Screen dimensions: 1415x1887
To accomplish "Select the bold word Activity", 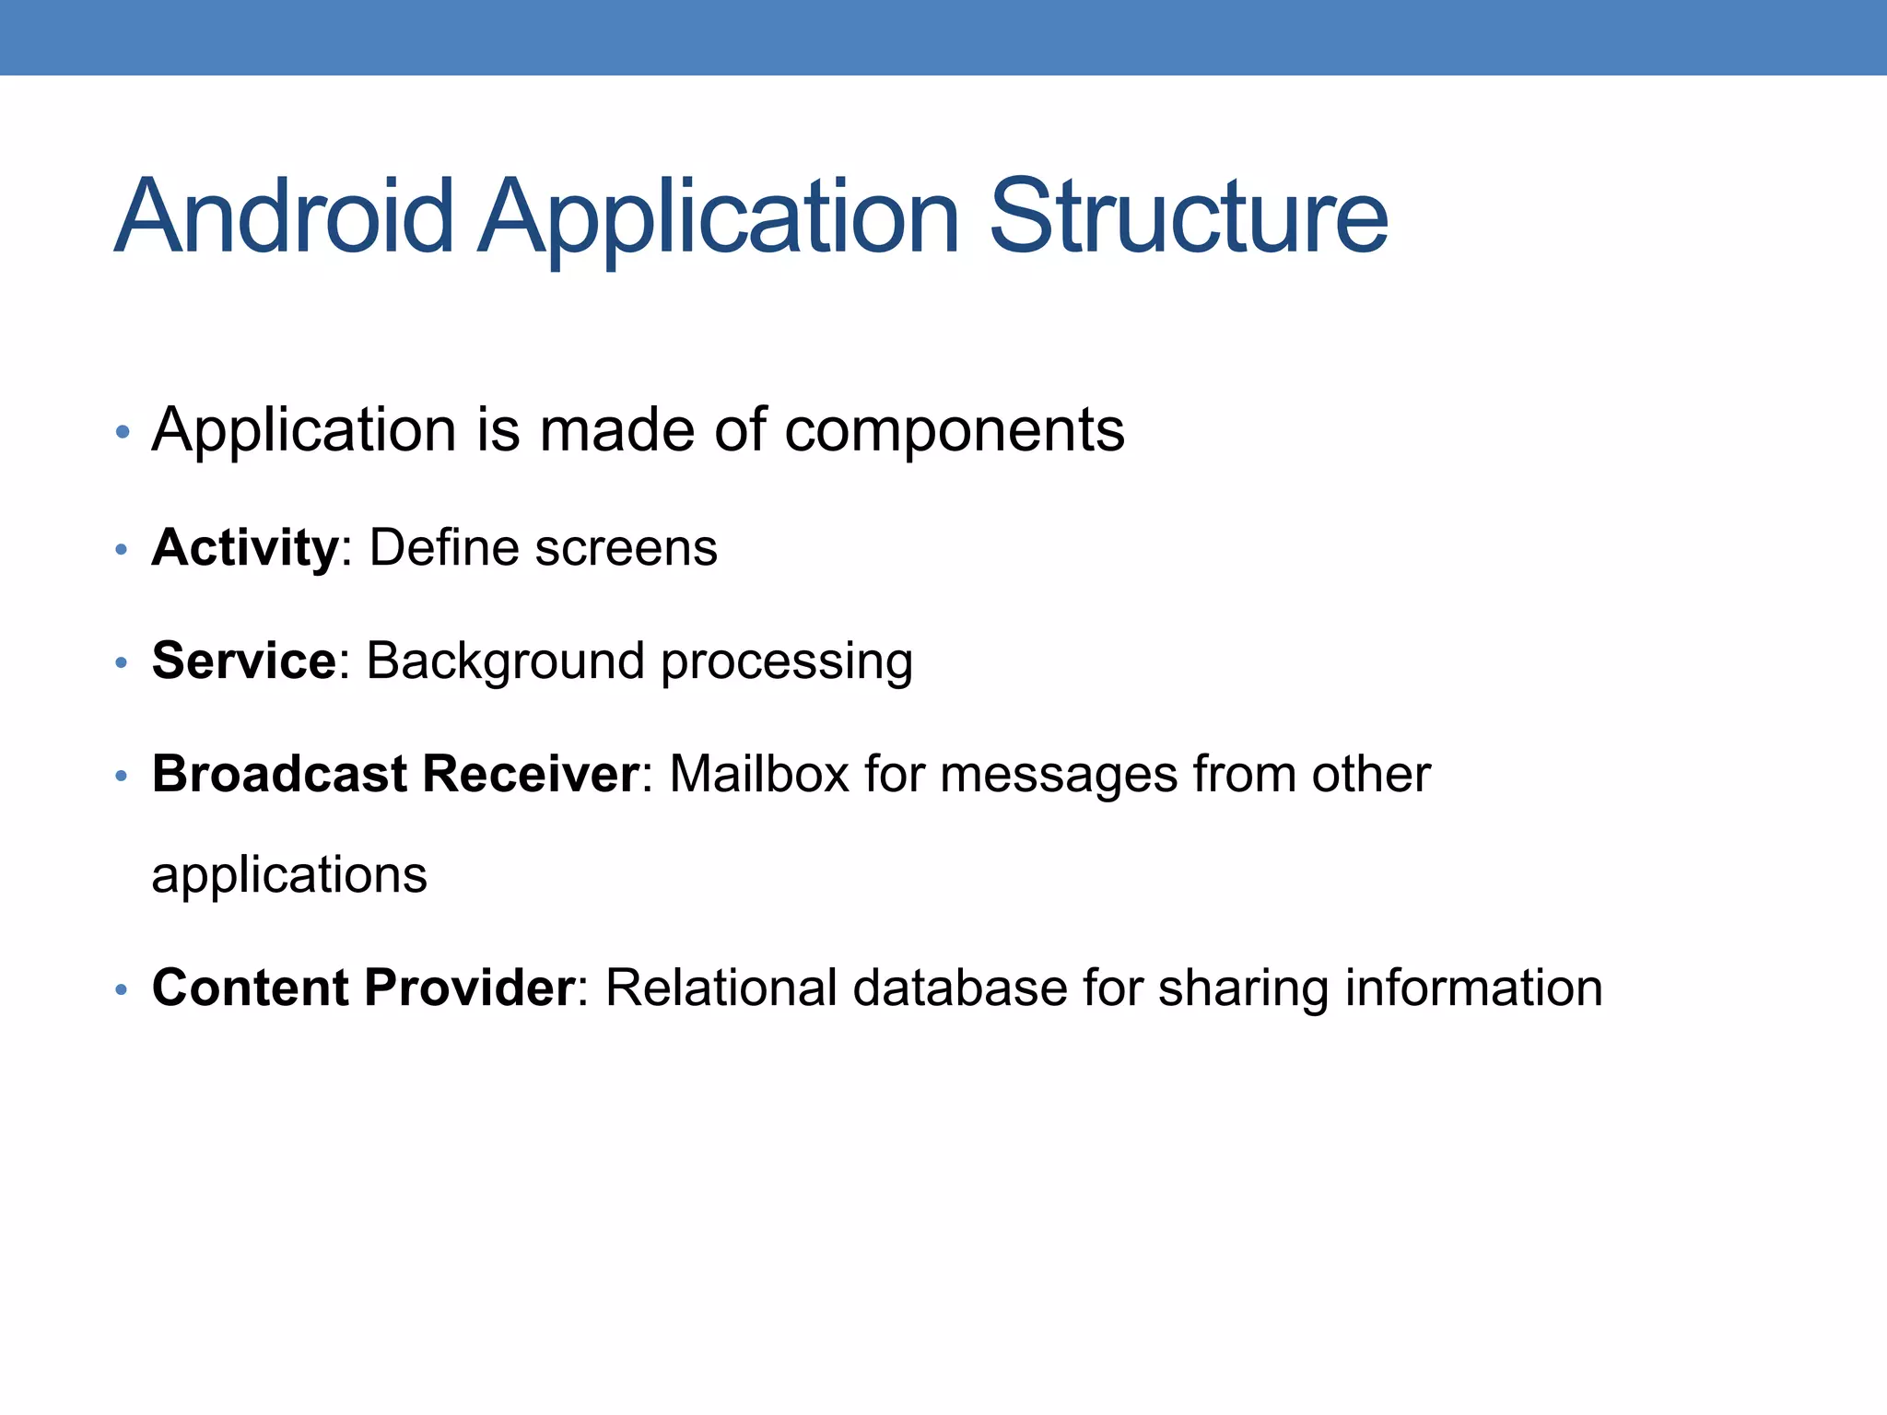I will [x=245, y=548].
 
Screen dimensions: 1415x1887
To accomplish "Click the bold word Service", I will [x=244, y=661].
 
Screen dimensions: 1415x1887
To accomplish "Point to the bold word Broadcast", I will [x=279, y=774].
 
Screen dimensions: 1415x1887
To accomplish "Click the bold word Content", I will [x=250, y=988].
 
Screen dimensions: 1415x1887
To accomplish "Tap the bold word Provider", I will [x=470, y=988].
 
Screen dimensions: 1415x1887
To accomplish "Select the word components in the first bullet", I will [x=954, y=430].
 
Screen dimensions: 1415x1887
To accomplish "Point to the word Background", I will [x=505, y=661].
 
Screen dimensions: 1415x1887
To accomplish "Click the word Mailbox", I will [x=758, y=774].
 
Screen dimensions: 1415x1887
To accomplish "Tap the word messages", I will [x=1058, y=776].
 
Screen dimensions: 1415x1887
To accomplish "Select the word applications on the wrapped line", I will [x=289, y=875].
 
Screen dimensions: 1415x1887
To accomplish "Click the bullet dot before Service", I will [x=121, y=662].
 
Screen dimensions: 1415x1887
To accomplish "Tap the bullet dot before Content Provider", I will [x=121, y=990].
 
